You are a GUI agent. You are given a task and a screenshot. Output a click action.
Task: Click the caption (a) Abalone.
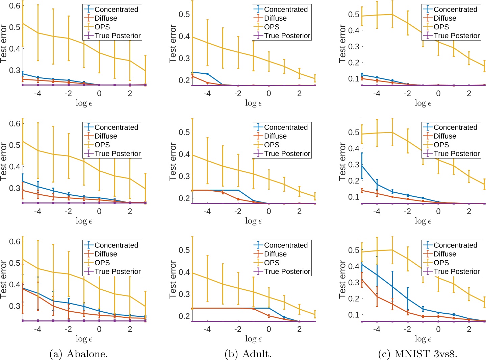coord(78,354)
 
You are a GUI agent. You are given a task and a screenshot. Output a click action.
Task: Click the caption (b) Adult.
coord(248,354)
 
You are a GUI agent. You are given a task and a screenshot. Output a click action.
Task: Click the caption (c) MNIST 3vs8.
coord(418,354)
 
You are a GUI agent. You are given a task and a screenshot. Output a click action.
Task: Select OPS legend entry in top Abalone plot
coord(102,27)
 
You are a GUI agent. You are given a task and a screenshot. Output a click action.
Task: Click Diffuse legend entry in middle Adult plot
coord(275,136)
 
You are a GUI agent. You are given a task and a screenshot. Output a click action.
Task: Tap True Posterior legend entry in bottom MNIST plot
coord(457,271)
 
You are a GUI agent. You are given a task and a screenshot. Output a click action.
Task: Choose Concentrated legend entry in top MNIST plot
coord(455,9)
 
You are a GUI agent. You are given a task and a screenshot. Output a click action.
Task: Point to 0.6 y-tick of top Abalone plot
coord(15,5)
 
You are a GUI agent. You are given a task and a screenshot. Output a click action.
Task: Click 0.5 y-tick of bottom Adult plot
coord(184,250)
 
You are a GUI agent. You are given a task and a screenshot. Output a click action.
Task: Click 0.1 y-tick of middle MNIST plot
coord(354,197)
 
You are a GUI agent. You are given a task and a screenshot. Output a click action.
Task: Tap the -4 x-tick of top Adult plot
coord(207,93)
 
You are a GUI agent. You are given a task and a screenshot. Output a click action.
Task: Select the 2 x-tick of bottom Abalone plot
coord(130,329)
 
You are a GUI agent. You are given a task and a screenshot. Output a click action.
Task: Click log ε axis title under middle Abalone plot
coord(84,221)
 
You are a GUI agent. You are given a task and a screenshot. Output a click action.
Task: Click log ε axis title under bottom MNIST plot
coord(423,339)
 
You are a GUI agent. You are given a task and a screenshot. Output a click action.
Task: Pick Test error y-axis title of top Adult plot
coord(173,44)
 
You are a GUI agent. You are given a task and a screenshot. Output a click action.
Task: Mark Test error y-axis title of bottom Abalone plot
coord(4,279)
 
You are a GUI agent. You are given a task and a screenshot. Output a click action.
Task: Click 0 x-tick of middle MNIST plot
coord(438,211)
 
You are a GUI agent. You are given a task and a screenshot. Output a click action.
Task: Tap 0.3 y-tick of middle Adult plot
coord(184,176)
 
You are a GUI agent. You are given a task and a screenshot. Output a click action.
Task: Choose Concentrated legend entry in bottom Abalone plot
coord(116,245)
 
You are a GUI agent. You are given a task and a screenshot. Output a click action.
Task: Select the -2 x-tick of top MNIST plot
coord(407,93)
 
